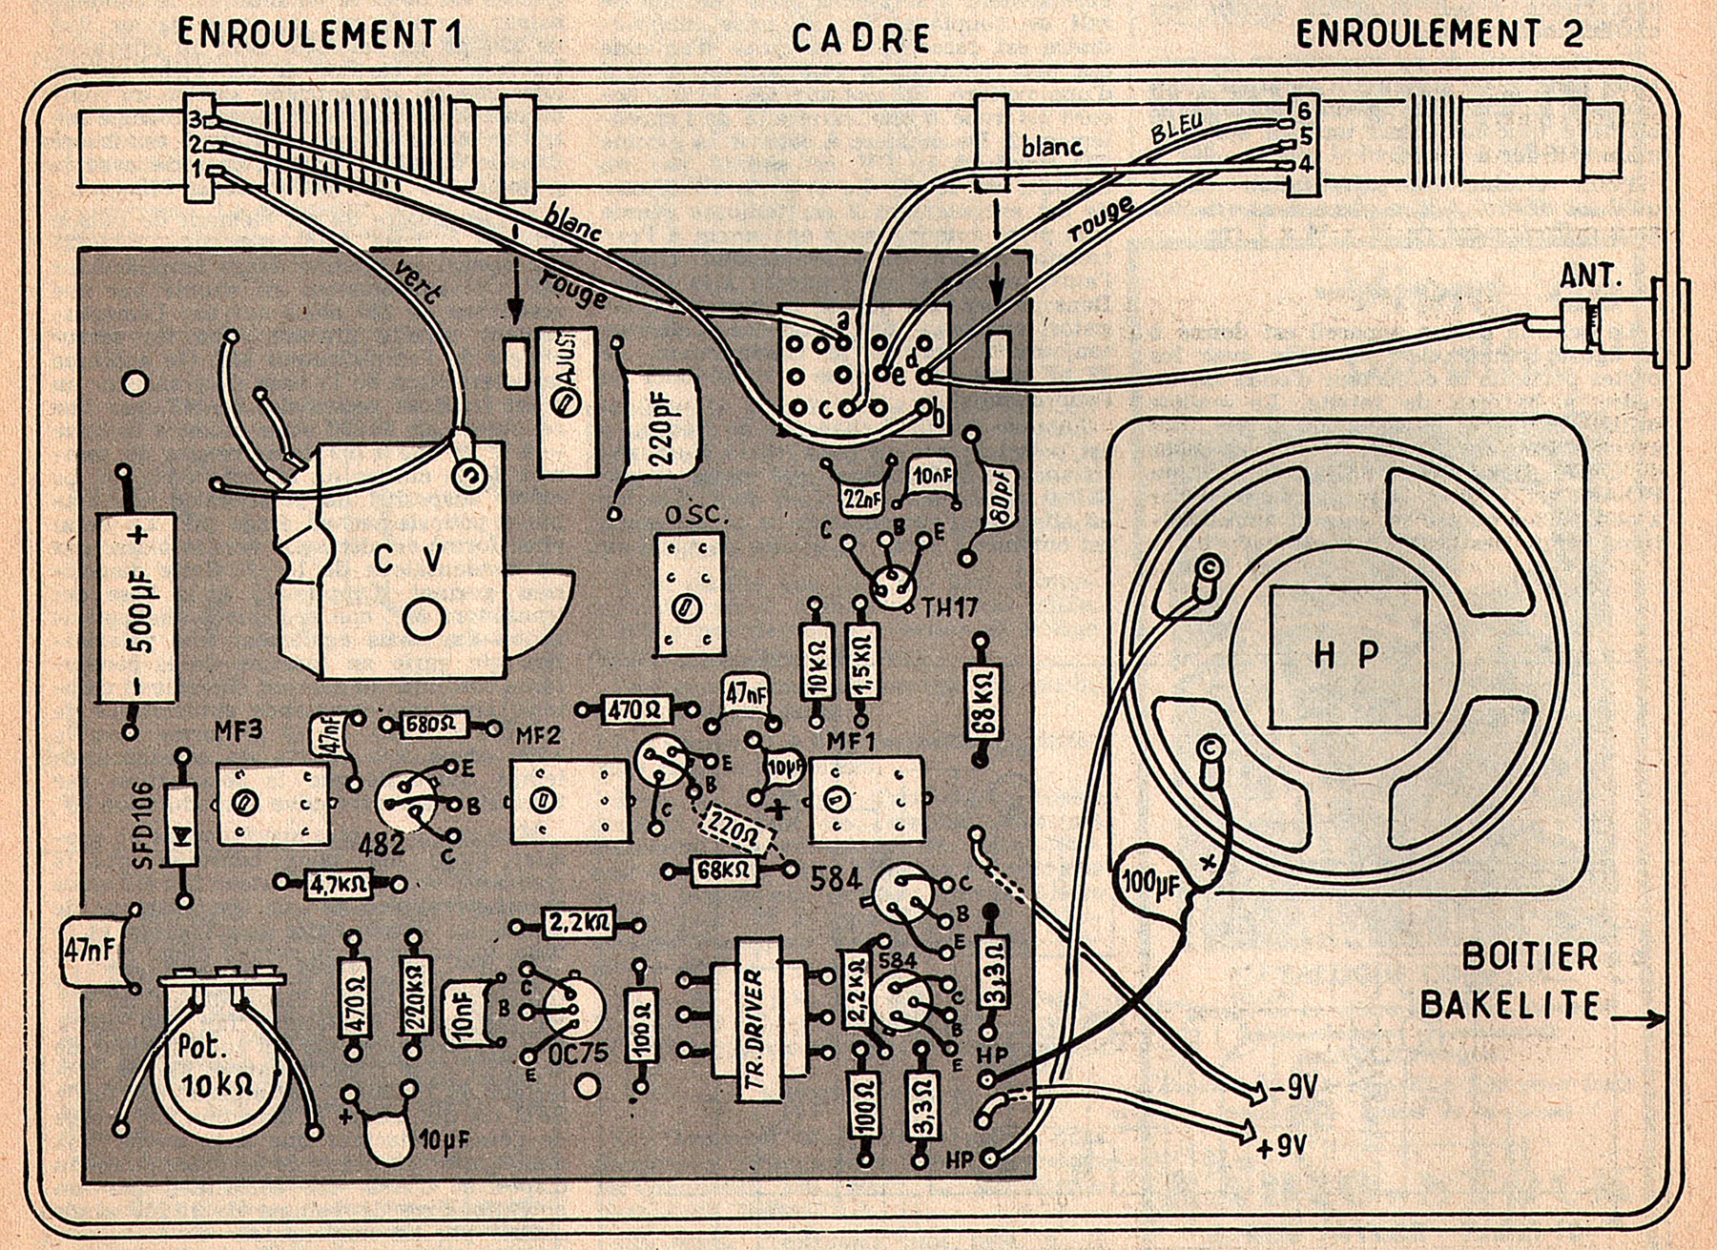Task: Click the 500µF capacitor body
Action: click(137, 607)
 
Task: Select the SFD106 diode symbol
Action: click(180, 826)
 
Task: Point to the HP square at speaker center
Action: click(1347, 655)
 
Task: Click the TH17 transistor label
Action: click(949, 606)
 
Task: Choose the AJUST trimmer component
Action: click(568, 401)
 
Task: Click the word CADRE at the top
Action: click(860, 38)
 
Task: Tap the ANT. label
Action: click(1590, 277)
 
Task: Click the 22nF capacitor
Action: click(860, 497)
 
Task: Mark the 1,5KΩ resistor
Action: click(862, 662)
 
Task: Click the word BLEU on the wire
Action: click(1177, 128)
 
